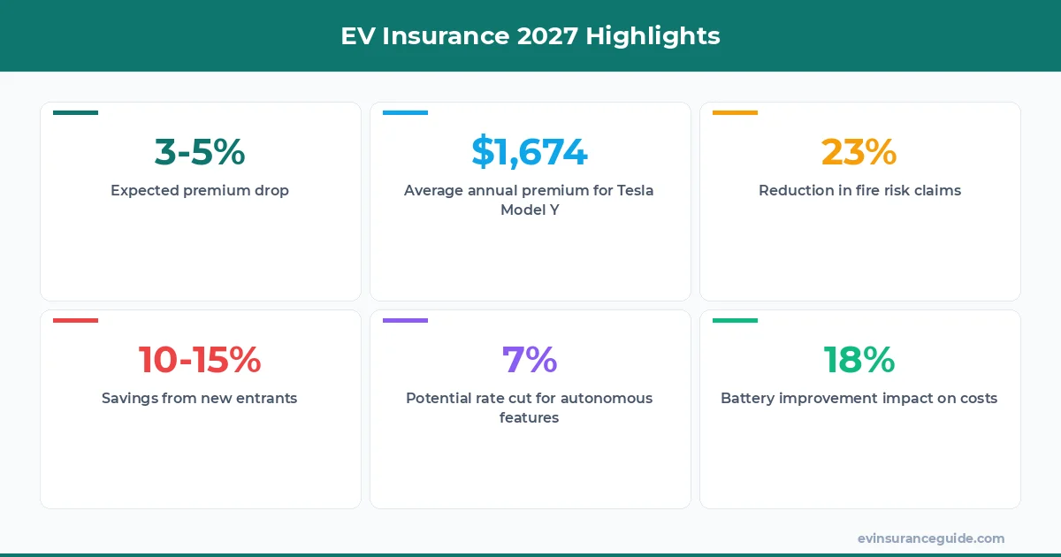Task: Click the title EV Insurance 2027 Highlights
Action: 530,36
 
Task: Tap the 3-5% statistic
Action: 200,152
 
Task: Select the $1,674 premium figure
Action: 530,152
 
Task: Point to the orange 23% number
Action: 859,152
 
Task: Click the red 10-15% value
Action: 200,360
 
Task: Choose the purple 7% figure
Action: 530,360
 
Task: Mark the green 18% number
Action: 859,360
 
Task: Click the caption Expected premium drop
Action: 200,190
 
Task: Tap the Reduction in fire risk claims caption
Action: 859,190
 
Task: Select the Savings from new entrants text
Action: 200,398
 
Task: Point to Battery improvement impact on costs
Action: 859,398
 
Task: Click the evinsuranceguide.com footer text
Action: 930,538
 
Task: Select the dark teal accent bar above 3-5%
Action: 75,112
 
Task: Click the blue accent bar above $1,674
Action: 405,112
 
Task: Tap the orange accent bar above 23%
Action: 735,112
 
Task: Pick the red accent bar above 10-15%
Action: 75,320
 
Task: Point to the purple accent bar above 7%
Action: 405,320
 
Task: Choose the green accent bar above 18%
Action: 735,320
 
